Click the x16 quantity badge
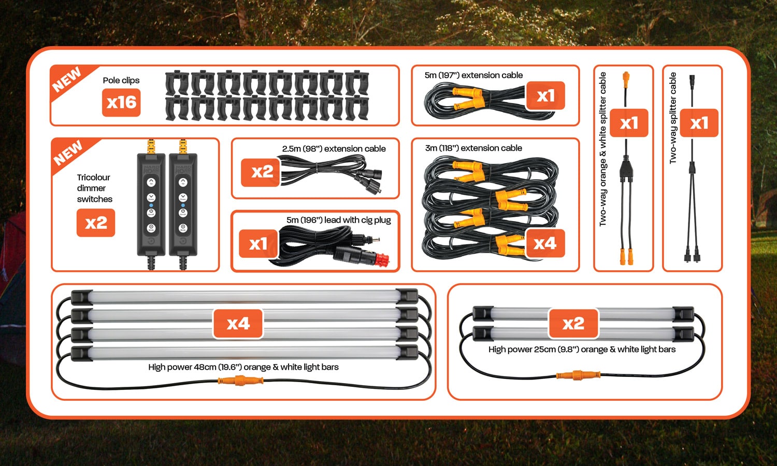pyautogui.click(x=121, y=102)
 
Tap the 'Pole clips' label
pyautogui.click(x=121, y=80)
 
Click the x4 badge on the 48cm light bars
pyautogui.click(x=238, y=324)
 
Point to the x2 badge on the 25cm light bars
pyautogui.click(x=573, y=324)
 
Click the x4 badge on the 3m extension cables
pyautogui.click(x=545, y=243)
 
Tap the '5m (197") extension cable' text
pyautogui.click(x=473, y=75)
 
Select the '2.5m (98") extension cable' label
pyautogui.click(x=334, y=149)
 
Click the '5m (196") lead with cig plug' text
pyautogui.click(x=338, y=220)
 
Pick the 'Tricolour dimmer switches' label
pyautogui.click(x=94, y=188)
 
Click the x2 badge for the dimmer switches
pyautogui.click(x=96, y=223)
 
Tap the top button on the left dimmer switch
pyautogui.click(x=151, y=182)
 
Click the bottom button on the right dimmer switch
pyautogui.click(x=183, y=228)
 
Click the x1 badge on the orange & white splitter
pyautogui.click(x=629, y=123)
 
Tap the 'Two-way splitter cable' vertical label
pyautogui.click(x=673, y=119)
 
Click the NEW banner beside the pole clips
pyautogui.click(x=67, y=79)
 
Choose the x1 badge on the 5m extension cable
pyautogui.click(x=545, y=96)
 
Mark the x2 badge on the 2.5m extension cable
pyautogui.click(x=262, y=172)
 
